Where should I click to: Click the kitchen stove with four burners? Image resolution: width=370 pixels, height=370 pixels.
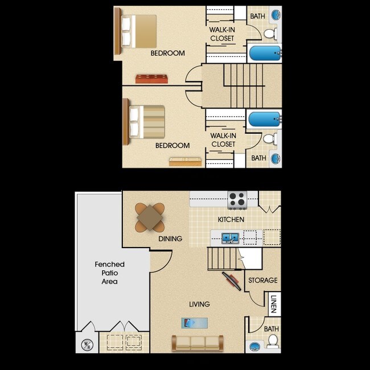pyautogui.click(x=237, y=200)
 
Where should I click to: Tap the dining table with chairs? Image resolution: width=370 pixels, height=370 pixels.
pyautogui.click(x=150, y=217)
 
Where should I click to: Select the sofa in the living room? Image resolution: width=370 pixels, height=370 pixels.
pyautogui.click(x=198, y=343)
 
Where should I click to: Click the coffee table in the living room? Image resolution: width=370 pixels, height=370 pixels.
pyautogui.click(x=194, y=323)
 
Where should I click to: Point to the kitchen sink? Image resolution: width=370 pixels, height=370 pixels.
pyautogui.click(x=231, y=237)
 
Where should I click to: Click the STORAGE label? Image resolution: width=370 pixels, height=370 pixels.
pyautogui.click(x=262, y=280)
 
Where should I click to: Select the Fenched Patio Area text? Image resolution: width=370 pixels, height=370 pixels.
pyautogui.click(x=109, y=273)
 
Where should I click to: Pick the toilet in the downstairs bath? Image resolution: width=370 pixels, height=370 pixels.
pyautogui.click(x=273, y=341)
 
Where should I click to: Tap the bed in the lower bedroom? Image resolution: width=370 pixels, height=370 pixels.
pyautogui.click(x=145, y=122)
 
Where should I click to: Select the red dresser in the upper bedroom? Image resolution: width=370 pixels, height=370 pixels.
pyautogui.click(x=151, y=79)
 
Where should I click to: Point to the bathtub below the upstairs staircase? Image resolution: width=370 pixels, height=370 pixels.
pyautogui.click(x=264, y=120)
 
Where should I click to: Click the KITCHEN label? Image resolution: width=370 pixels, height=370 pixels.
pyautogui.click(x=231, y=219)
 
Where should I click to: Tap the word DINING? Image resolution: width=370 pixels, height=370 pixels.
pyautogui.click(x=170, y=239)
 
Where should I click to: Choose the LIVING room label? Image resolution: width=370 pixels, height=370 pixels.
pyautogui.click(x=199, y=304)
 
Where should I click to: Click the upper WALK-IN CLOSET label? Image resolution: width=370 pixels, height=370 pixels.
pyautogui.click(x=222, y=34)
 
